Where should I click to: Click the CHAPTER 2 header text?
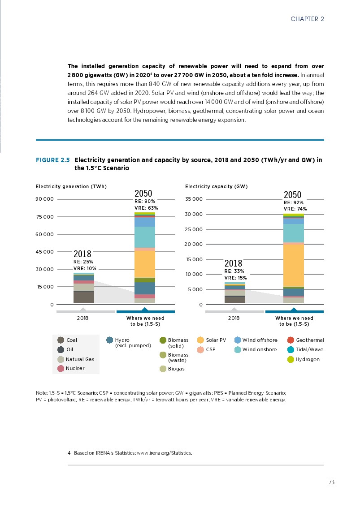(307, 19)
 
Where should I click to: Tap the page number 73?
(331, 482)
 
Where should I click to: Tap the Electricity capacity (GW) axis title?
(217, 186)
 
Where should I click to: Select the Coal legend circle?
(61, 340)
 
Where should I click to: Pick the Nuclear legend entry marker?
(61, 368)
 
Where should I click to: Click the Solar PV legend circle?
(200, 340)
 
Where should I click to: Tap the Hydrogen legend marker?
(290, 359)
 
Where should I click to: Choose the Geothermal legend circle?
(290, 340)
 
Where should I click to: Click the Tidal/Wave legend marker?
(290, 349)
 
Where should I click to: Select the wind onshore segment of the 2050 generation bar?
(145, 237)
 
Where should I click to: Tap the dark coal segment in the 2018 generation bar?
(84, 297)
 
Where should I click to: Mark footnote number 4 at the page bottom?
(69, 453)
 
